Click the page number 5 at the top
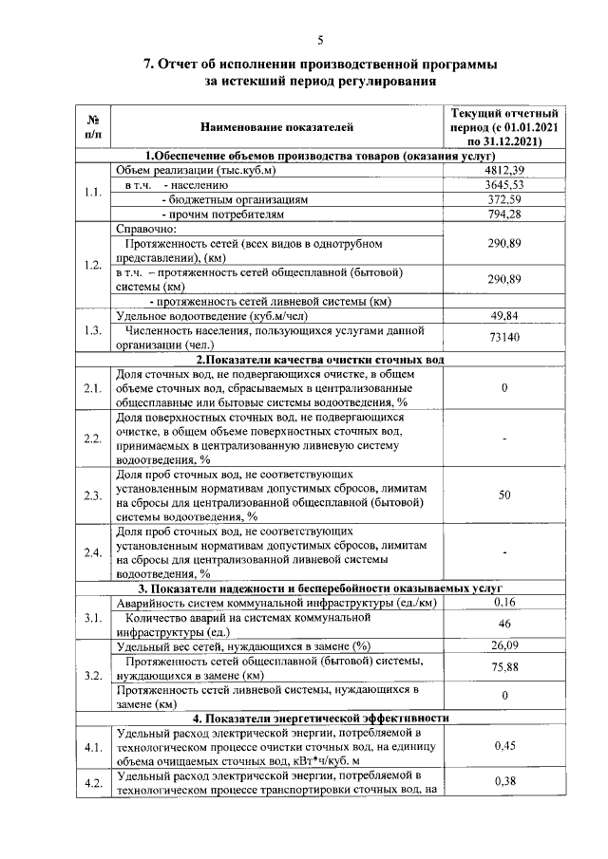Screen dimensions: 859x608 (320, 39)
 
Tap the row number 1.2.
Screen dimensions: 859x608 (92, 265)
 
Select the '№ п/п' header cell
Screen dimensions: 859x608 (93, 125)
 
